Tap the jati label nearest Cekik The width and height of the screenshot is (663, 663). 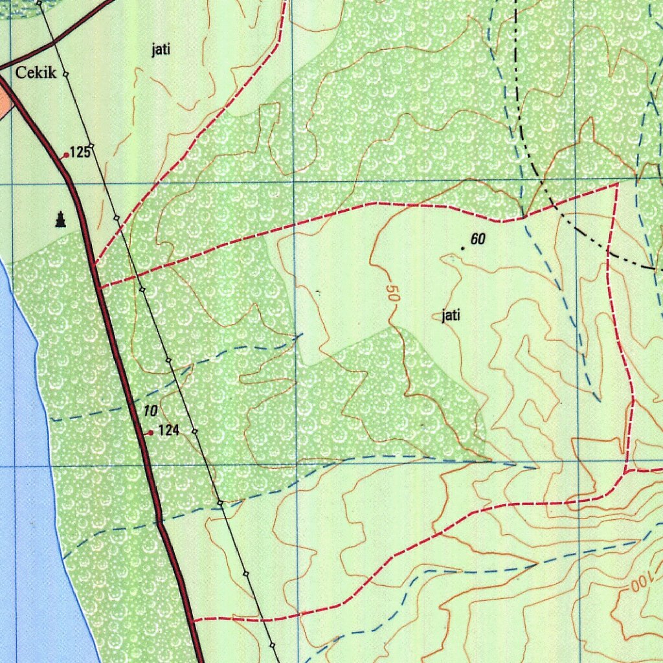click(x=161, y=50)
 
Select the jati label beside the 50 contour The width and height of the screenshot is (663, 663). click(x=451, y=316)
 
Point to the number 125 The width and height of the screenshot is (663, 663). click(x=80, y=153)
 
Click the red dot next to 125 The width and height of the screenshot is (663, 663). click(x=65, y=155)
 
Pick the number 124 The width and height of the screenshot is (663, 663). click(x=168, y=430)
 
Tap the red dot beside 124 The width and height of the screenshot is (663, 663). click(x=150, y=433)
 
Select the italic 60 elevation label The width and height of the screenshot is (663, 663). click(x=478, y=240)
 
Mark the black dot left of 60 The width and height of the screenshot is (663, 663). click(x=462, y=247)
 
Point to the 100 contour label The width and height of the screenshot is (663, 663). click(x=635, y=585)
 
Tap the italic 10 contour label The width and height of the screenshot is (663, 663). click(x=150, y=411)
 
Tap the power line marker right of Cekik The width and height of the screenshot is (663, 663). click(x=65, y=75)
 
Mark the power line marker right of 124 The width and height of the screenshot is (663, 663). click(x=194, y=431)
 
